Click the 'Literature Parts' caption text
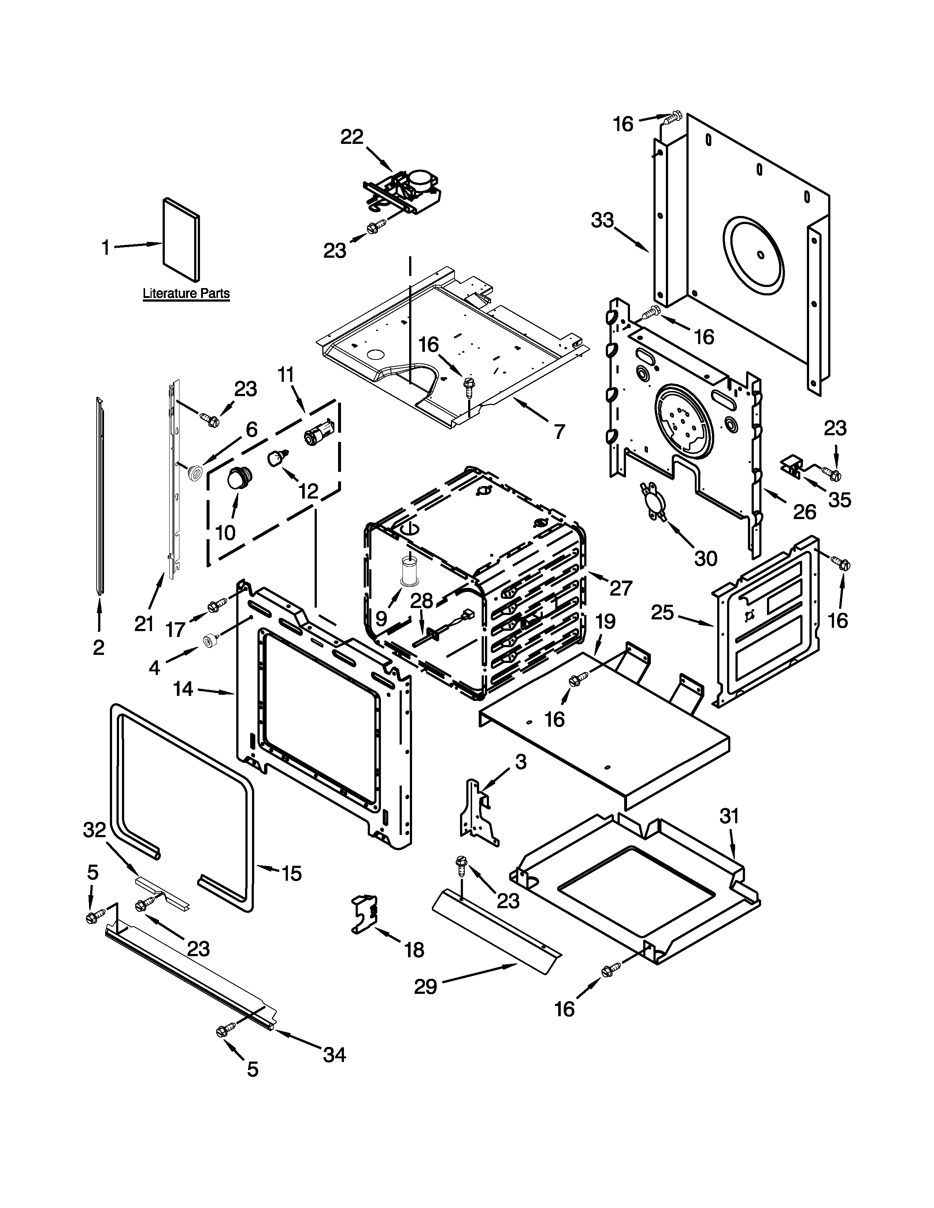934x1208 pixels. click(186, 293)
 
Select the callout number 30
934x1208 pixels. click(705, 558)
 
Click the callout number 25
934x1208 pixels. click(662, 612)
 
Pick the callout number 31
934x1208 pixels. click(729, 816)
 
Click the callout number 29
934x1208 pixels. click(426, 986)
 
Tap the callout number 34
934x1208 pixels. click(334, 1055)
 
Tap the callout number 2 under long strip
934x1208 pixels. click(99, 647)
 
